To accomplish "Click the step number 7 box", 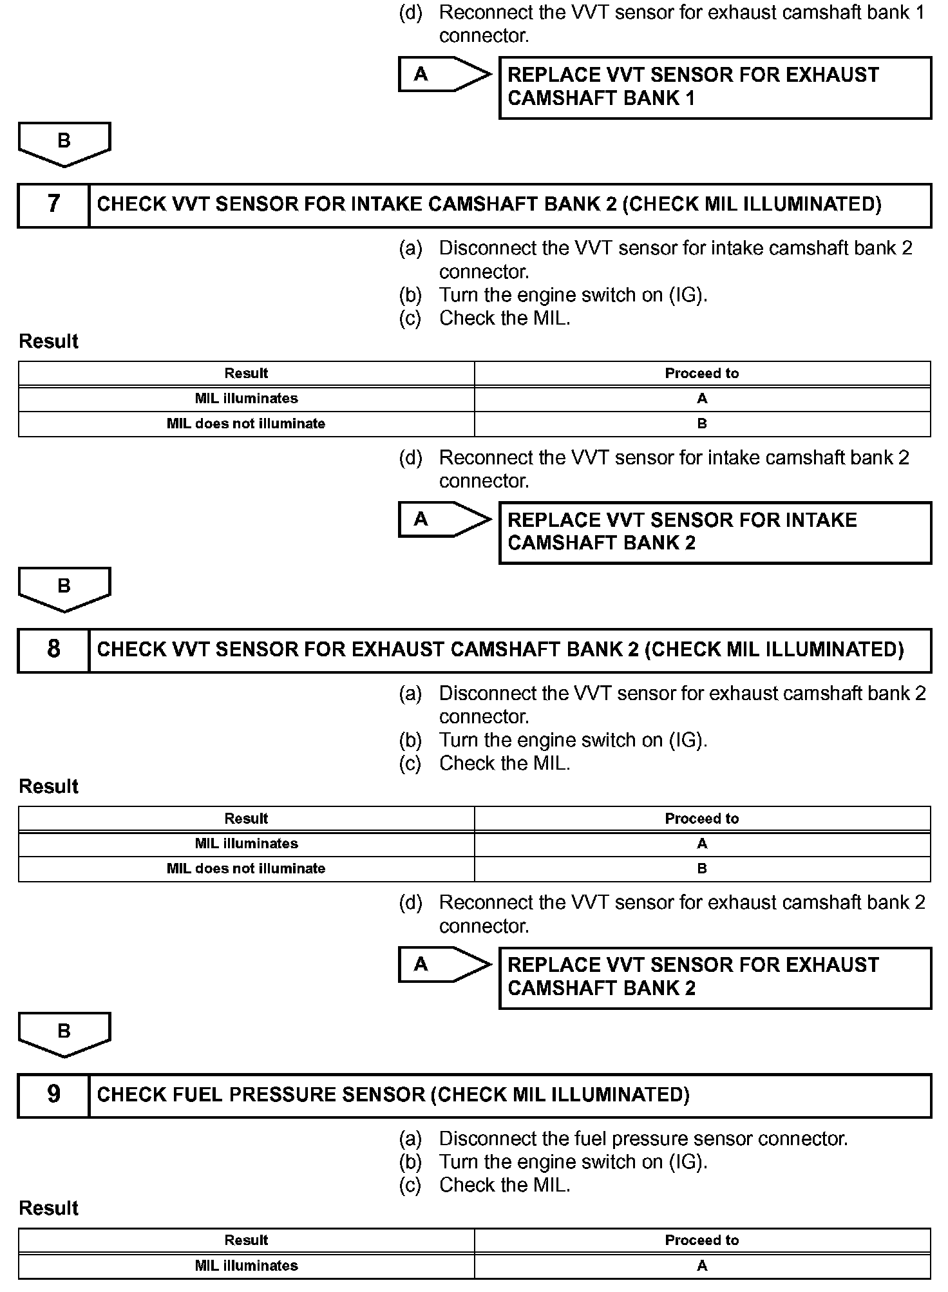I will pos(53,205).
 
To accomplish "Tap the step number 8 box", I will pos(53,650).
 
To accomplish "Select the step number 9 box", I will pos(53,1095).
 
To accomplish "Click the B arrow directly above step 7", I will pos(64,142).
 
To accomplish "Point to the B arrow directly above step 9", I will pos(64,1033).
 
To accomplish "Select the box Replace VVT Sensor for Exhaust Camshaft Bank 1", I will pos(715,87).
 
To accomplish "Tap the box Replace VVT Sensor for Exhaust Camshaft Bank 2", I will pos(715,977).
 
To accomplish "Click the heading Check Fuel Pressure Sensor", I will pos(393,1095).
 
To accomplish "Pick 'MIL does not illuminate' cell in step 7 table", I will pos(246,424).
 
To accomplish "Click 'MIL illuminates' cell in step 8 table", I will pos(246,844).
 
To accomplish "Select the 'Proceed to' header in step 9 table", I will pos(701,1240).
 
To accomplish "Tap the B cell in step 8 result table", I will pos(701,869).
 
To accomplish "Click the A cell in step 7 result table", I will pos(701,399).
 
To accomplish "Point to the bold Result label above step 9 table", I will pos(49,1208).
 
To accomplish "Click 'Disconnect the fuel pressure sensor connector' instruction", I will pos(643,1139).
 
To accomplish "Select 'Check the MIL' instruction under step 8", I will pos(504,763).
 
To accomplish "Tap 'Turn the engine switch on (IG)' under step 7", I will pos(573,295).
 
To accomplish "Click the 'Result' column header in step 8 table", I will pos(246,819).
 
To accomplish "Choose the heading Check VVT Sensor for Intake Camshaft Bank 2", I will pos(489,205).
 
